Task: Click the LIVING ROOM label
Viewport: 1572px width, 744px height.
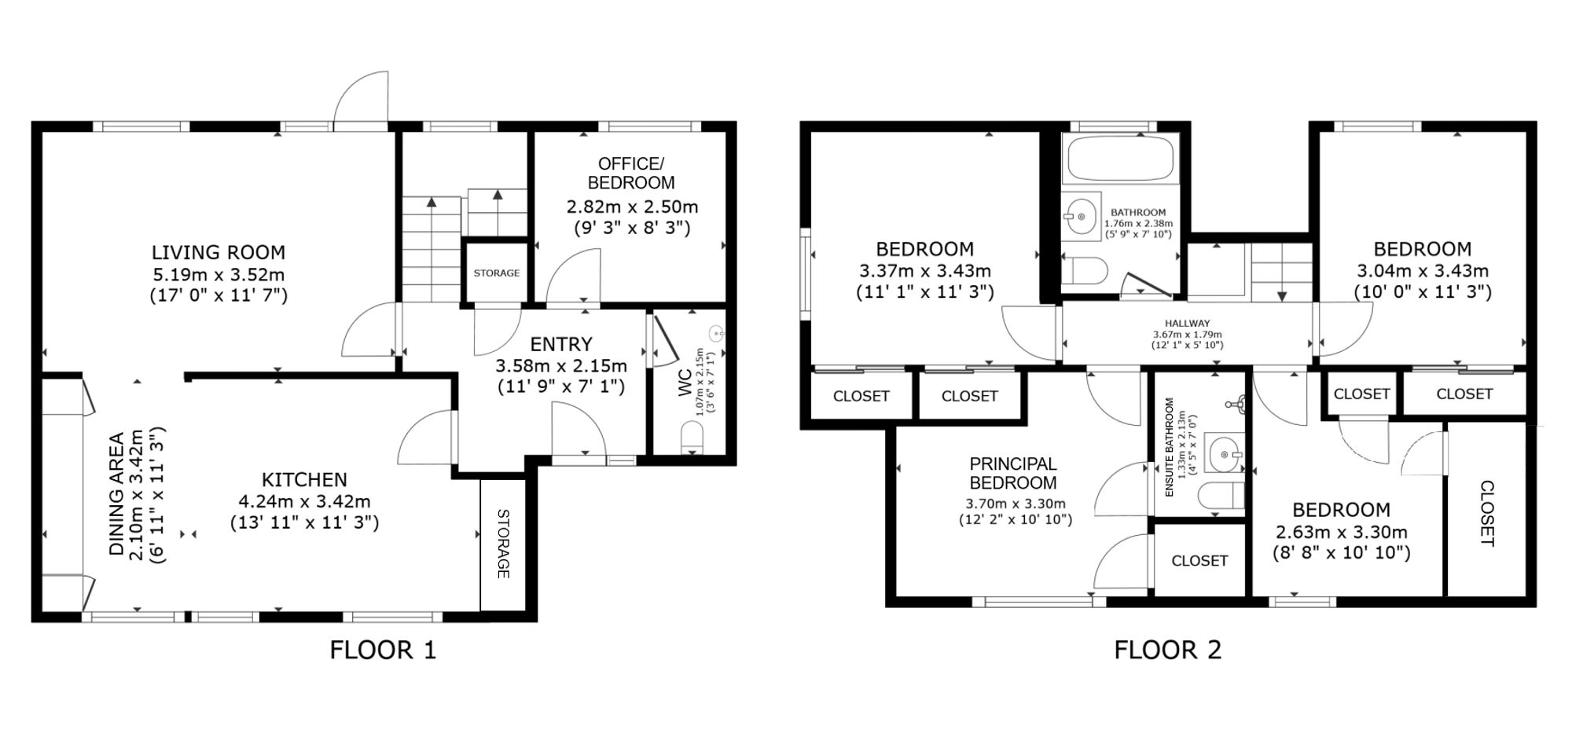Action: (219, 252)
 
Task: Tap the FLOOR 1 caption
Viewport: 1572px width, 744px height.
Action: (383, 651)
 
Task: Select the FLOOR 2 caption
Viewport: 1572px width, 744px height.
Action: (1168, 651)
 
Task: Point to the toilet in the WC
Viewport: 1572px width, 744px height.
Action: (692, 437)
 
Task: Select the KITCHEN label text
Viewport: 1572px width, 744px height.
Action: (304, 480)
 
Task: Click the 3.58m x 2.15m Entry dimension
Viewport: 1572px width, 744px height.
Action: (561, 365)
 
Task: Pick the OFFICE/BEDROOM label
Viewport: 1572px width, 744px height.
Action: (631, 173)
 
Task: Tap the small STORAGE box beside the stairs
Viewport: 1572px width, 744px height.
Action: (497, 273)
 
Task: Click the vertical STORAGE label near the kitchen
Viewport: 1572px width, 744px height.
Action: (503, 544)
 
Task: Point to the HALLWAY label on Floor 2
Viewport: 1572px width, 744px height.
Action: (1188, 323)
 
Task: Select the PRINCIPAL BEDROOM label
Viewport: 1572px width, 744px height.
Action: (1013, 473)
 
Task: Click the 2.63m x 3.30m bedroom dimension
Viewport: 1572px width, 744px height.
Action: (1342, 532)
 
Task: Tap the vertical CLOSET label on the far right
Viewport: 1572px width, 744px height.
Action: (1487, 513)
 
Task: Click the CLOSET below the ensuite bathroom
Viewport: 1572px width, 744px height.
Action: (1199, 560)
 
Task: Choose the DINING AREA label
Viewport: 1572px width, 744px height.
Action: (117, 494)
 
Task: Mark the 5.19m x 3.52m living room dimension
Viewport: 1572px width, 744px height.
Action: (219, 275)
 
